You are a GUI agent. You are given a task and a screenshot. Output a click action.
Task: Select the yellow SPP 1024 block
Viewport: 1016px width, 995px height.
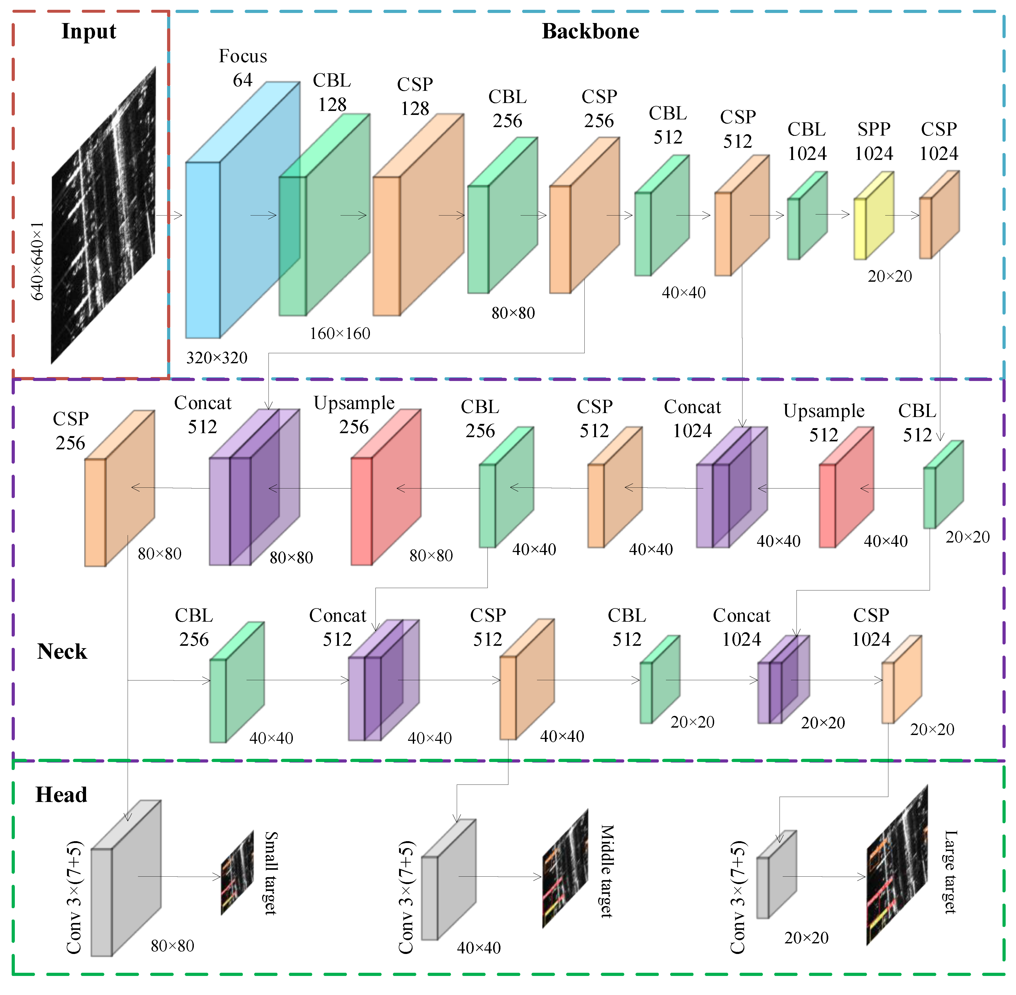[873, 217]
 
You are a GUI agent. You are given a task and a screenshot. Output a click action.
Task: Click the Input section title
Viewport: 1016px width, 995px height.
[89, 31]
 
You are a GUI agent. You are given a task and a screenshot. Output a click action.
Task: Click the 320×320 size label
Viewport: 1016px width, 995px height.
[217, 358]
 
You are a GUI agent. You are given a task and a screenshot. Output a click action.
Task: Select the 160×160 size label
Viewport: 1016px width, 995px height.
[340, 333]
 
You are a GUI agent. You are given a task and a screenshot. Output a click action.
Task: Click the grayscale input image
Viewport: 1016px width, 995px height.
[104, 214]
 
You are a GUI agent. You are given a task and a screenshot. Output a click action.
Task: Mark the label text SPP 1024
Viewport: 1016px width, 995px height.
[874, 141]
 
